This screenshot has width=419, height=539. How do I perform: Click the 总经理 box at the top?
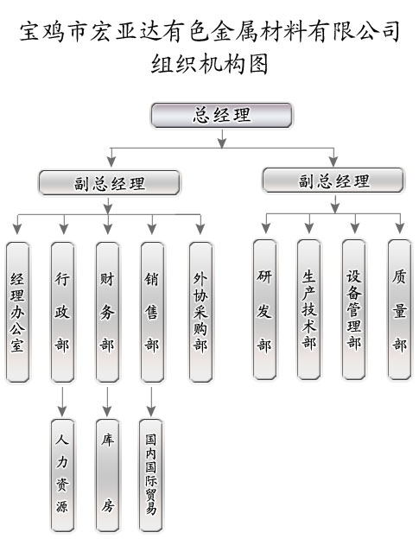click(222, 115)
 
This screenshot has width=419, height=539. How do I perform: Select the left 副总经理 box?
click(109, 183)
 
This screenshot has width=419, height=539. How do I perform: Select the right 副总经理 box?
click(333, 181)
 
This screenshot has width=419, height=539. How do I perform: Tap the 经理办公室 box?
click(17, 312)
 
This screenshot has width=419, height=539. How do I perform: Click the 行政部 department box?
click(62, 312)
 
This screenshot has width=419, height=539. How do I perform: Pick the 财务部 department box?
click(107, 312)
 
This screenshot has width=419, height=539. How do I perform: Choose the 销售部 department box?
click(152, 312)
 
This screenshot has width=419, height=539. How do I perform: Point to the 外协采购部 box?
click(200, 312)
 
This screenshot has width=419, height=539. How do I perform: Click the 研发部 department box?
click(264, 309)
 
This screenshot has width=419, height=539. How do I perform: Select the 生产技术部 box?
click(309, 309)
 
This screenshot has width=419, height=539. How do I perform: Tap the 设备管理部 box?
click(353, 309)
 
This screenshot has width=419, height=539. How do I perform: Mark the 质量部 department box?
click(399, 309)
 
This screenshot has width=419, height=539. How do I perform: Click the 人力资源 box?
click(62, 476)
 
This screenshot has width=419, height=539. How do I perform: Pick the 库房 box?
click(107, 476)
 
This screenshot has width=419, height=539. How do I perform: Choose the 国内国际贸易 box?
click(151, 476)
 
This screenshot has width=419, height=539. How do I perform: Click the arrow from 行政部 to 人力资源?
click(62, 402)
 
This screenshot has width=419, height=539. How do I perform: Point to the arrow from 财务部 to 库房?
click(107, 402)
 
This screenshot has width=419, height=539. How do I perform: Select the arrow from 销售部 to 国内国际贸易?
click(151, 402)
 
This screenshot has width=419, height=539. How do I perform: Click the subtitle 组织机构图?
click(209, 64)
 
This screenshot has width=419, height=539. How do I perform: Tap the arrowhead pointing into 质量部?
click(400, 228)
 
